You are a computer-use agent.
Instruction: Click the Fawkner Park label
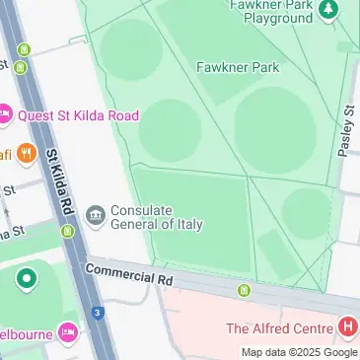pos(237,67)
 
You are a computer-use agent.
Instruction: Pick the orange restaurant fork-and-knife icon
pos(26,154)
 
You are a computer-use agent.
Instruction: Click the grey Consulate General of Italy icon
pos(96,215)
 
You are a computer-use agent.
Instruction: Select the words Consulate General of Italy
pos(157,217)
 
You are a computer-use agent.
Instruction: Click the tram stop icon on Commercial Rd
pos(244,290)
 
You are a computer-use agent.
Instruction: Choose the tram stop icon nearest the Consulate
pos(67,232)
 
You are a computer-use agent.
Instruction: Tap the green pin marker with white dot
pos(26,279)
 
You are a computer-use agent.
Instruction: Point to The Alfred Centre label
pos(280,328)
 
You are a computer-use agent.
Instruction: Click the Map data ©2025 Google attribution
pos(300,352)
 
